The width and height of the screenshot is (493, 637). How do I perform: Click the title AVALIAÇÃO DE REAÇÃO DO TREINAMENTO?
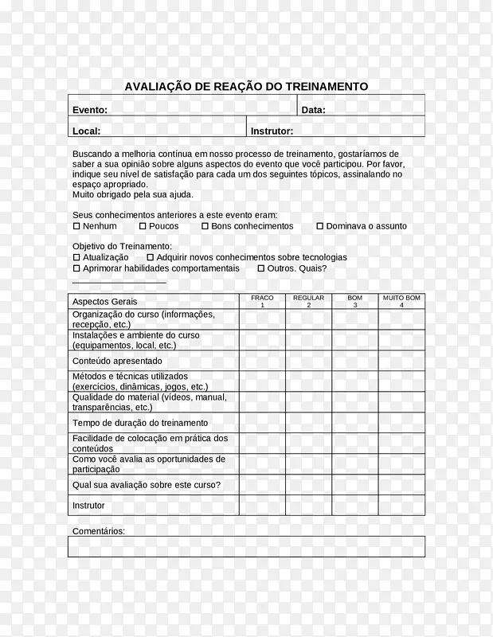[246, 86]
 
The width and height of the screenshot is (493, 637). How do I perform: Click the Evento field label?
[90, 110]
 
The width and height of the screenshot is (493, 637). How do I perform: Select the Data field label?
[313, 110]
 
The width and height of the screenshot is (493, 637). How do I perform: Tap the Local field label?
[86, 131]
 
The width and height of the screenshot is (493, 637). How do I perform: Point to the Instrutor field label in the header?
[272, 131]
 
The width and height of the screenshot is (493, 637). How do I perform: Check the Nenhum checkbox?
[76, 226]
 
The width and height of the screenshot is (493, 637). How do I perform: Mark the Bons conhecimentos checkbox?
[205, 226]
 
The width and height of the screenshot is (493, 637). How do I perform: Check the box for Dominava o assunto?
[320, 226]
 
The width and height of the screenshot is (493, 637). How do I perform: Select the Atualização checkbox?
[76, 258]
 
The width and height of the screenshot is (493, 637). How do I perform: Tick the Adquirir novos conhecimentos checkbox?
[150, 258]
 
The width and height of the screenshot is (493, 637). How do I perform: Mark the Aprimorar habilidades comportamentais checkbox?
[76, 268]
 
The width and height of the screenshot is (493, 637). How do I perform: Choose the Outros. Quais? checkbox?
[260, 268]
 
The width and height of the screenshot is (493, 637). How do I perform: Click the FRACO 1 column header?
[262, 301]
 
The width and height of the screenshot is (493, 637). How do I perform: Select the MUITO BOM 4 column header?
[401, 301]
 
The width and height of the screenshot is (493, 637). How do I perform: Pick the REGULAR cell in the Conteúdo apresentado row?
[308, 361]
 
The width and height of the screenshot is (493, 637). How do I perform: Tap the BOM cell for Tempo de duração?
[354, 423]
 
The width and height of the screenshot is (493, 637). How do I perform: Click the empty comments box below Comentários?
[246, 546]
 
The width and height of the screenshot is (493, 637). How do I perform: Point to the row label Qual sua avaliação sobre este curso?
[147, 485]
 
